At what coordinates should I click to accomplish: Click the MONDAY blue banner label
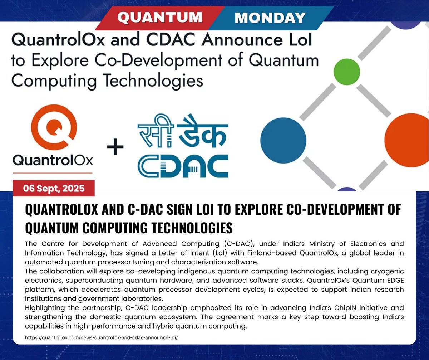[270, 17]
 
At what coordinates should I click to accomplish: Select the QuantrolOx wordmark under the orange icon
[53, 160]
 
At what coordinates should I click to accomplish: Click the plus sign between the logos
[115, 147]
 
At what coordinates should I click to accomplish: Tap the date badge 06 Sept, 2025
[54, 188]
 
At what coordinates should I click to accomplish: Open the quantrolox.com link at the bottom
[101, 337]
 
